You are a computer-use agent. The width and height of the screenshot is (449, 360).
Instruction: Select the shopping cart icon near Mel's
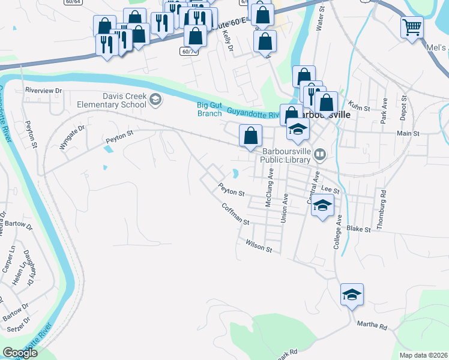point(412,26)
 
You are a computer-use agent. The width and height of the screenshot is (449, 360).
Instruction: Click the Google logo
point(20,353)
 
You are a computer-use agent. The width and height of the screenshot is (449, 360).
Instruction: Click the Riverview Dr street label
point(43,91)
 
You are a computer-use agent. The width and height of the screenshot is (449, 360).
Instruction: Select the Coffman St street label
point(235,214)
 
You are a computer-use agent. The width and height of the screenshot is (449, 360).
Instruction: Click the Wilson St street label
point(259,245)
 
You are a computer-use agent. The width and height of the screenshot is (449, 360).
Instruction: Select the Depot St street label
point(404,106)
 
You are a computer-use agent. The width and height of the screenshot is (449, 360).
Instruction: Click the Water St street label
point(320,18)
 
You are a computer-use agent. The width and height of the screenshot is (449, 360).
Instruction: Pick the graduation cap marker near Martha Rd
point(352,295)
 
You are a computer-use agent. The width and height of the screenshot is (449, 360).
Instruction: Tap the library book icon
point(320,156)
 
